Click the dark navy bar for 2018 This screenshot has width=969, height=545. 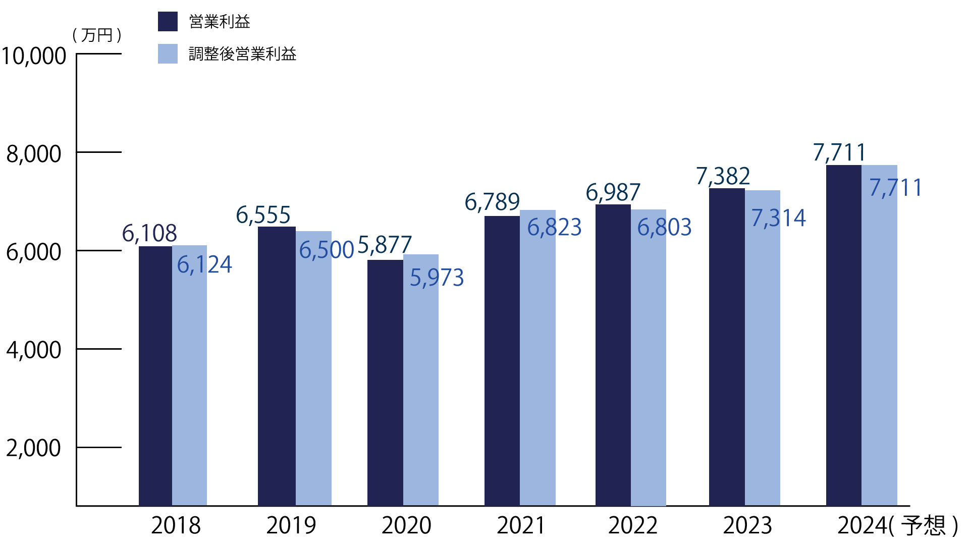(x=155, y=376)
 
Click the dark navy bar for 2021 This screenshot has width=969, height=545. (x=502, y=361)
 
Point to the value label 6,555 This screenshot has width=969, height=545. (x=263, y=215)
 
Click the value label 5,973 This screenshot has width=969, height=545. (x=437, y=278)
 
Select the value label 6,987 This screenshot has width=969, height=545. (x=613, y=193)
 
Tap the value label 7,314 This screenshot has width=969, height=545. (x=778, y=218)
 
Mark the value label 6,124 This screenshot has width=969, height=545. (x=204, y=265)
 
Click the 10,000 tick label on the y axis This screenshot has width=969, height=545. (x=34, y=56)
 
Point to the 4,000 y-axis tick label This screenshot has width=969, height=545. (x=34, y=350)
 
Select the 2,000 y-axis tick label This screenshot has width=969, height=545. (x=34, y=448)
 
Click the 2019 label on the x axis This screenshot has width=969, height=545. (x=291, y=526)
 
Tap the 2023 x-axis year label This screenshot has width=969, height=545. (x=747, y=526)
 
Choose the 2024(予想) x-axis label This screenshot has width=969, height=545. (x=897, y=526)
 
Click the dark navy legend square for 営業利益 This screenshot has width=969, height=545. (x=168, y=22)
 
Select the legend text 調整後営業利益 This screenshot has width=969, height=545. (x=242, y=54)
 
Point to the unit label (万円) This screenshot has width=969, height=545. (x=97, y=35)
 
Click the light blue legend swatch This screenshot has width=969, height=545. (x=168, y=54)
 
